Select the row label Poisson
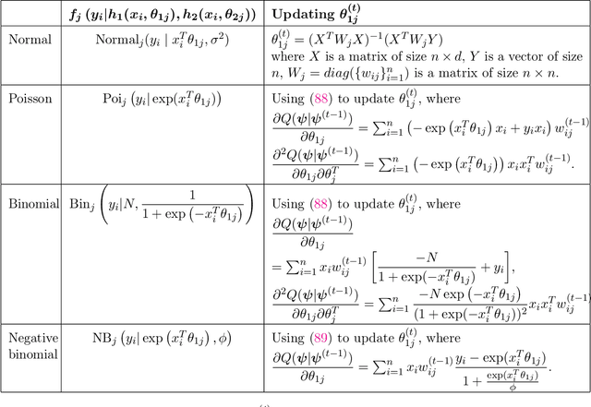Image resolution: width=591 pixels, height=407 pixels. point(30,97)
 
